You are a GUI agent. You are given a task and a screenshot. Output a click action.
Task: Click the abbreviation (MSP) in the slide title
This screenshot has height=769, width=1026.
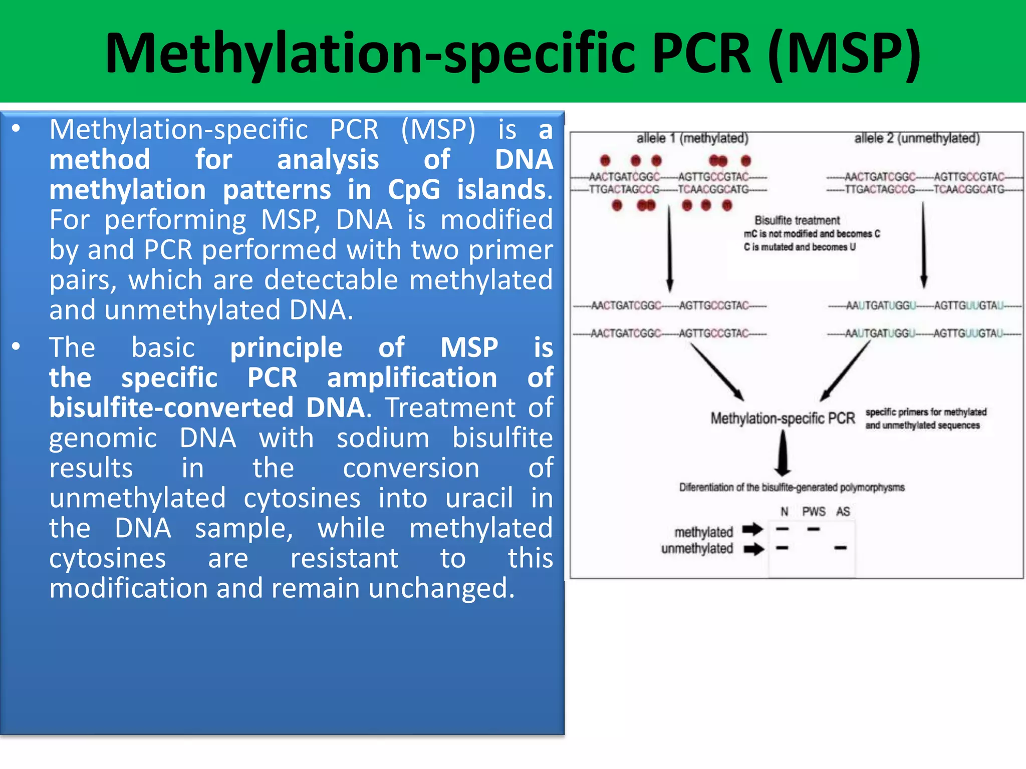point(844,53)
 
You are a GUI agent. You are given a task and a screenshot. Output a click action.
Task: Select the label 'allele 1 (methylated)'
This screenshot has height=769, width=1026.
point(692,138)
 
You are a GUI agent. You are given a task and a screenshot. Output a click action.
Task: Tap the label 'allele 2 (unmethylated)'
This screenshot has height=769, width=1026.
point(917,138)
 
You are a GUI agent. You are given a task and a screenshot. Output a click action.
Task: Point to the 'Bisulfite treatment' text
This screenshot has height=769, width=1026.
point(797,220)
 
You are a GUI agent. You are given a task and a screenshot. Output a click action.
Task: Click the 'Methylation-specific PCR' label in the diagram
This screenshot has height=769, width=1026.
point(782,418)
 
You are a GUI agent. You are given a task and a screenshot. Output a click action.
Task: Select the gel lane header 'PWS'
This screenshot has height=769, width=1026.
point(814,512)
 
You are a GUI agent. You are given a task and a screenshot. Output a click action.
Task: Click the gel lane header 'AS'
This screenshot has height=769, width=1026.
point(843,512)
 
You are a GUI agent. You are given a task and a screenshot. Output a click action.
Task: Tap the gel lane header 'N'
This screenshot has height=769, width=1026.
point(784,512)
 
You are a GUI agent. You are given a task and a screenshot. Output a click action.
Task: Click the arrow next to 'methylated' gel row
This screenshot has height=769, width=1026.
point(752,529)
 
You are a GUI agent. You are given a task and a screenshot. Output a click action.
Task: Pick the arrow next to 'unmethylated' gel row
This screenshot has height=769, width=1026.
point(753,549)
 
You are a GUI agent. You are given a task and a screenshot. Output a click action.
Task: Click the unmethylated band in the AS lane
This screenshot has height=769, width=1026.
point(840,548)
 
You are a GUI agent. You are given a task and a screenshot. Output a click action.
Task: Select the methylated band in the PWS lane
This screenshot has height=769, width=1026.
point(814,529)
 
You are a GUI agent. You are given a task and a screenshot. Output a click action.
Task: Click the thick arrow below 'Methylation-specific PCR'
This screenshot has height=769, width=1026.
point(783,454)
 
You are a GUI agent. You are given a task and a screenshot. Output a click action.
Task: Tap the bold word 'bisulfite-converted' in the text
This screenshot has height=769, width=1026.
point(171,408)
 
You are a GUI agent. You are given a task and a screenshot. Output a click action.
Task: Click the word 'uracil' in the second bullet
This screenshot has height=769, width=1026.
point(479,498)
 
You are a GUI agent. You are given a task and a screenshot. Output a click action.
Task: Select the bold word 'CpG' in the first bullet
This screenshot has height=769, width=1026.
point(414,190)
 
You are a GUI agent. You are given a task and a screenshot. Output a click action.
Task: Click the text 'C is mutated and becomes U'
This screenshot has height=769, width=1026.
point(800,247)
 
